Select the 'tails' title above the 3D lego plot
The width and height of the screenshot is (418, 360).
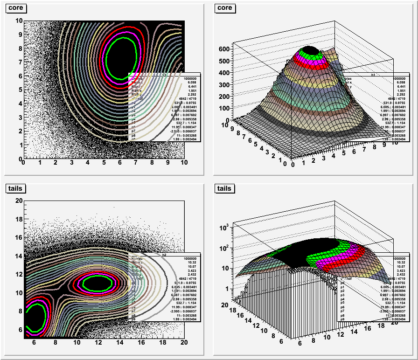[224, 188]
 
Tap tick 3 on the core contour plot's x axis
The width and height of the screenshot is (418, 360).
[71, 163]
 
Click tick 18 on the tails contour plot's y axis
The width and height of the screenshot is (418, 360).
[19, 218]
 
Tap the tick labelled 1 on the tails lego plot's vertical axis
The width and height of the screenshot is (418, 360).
[226, 289]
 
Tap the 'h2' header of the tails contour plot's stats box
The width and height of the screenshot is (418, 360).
[164, 255]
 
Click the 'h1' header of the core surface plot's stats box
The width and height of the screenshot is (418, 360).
[373, 75]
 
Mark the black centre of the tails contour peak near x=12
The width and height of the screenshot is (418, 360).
[98, 283]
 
